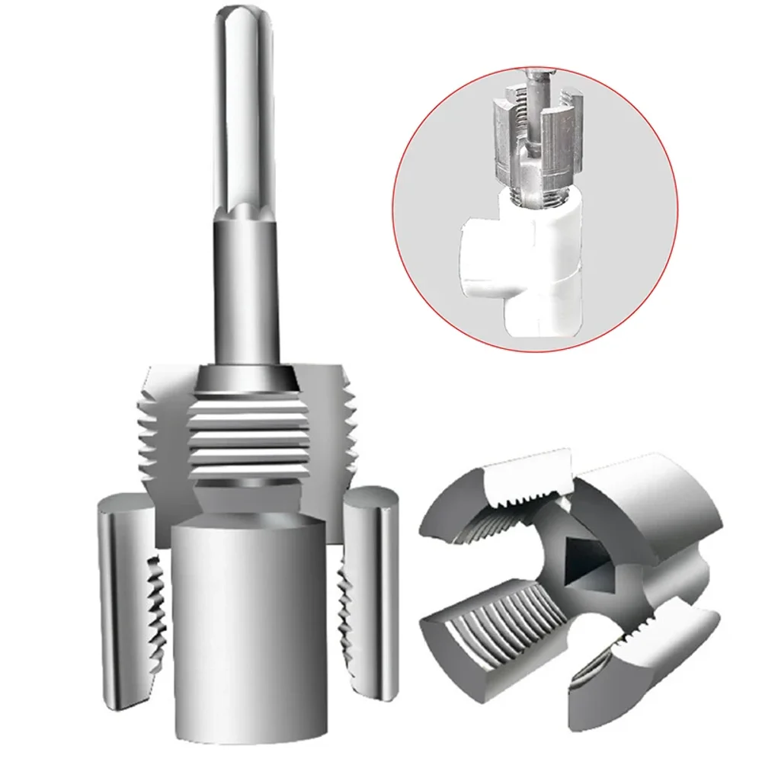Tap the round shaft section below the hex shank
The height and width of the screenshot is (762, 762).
[x=245, y=290]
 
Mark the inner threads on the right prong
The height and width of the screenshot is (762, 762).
[x=341, y=610]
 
